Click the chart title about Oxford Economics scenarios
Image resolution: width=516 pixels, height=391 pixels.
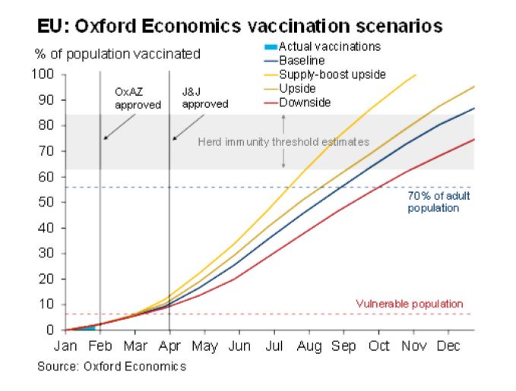(239, 27)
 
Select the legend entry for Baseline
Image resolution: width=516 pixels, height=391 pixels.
(302, 60)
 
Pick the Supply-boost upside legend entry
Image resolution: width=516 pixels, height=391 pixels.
(333, 74)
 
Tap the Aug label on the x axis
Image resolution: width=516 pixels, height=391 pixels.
(308, 345)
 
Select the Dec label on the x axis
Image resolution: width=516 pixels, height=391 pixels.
(448, 345)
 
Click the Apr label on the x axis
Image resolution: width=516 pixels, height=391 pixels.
(169, 345)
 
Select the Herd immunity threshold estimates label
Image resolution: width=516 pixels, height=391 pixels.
(283, 142)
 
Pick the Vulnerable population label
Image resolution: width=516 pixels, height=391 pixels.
(410, 304)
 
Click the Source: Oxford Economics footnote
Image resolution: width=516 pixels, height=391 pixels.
(112, 366)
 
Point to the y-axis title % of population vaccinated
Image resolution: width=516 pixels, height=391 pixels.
(118, 54)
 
